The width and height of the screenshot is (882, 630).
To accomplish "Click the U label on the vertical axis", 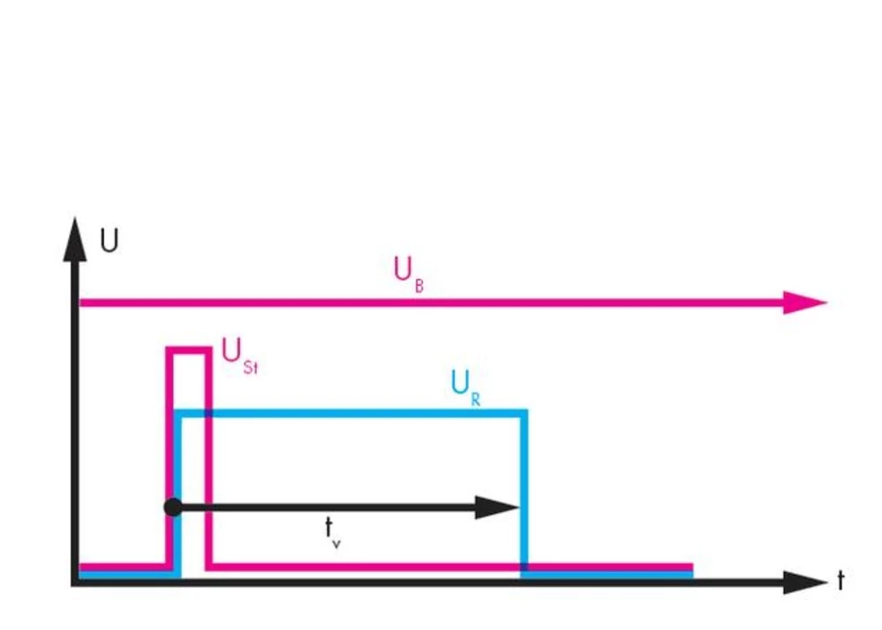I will pos(109,241).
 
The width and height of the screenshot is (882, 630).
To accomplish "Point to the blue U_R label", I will pos(465,386).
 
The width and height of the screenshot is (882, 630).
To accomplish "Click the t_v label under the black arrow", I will pos(332,531).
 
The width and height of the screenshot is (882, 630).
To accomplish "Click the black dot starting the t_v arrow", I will pos(173,507).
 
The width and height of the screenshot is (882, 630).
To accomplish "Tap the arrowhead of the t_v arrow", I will pos(498,507).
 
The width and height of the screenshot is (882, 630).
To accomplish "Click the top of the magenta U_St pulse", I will pos(189,351).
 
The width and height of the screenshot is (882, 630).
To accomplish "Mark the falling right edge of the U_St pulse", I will pos(209,459).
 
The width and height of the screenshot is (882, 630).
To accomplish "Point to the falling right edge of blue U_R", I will pos(524,494).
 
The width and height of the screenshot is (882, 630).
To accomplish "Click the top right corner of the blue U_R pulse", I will pos(524,412).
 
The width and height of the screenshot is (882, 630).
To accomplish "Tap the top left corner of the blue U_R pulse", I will pos(178,412).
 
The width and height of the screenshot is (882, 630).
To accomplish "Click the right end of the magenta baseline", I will pos(691,566).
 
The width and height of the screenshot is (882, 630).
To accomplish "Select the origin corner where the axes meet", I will pos(76,582).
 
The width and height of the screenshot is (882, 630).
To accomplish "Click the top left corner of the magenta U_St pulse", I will pos(169,351).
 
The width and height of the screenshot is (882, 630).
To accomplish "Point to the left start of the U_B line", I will pos(82,303).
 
